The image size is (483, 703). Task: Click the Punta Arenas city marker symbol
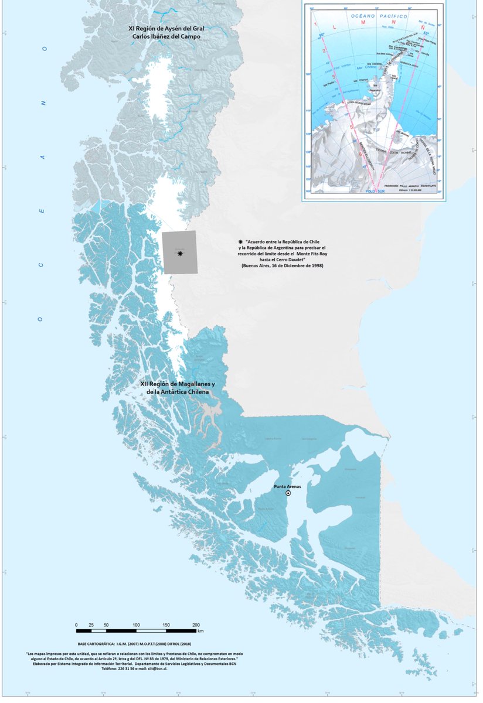coord(288,494)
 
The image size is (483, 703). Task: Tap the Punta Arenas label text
coord(288,486)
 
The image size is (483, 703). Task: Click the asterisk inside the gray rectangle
coord(180,253)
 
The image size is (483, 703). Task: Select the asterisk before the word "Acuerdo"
coord(240,241)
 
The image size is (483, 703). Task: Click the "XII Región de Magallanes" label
coord(178,384)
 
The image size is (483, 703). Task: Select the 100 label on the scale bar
coord(136,625)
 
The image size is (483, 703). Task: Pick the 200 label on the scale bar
coord(196,625)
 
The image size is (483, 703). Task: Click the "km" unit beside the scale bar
coord(200,632)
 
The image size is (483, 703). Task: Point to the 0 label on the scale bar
coord(76,625)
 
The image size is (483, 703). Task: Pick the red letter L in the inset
coord(334,27)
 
